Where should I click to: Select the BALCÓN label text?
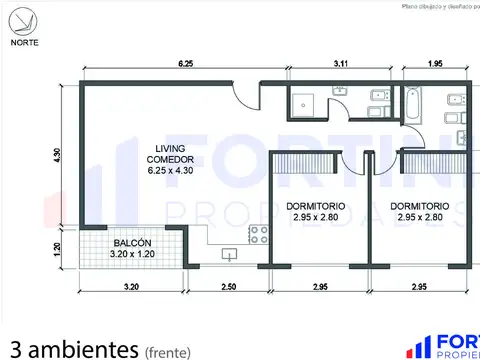click(132, 243)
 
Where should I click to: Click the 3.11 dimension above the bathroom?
click(341, 64)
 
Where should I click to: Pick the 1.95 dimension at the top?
click(435, 64)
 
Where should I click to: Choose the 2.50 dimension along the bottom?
click(228, 288)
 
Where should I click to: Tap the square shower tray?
click(304, 103)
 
